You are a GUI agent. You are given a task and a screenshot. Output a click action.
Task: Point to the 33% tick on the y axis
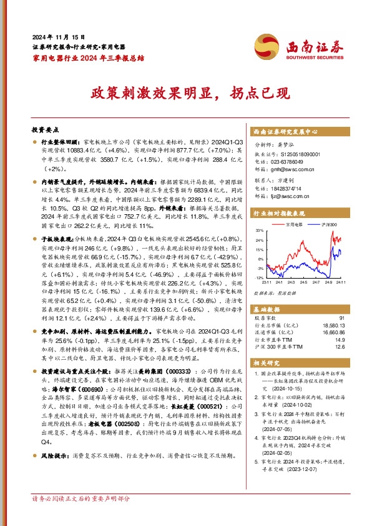(x=258, y=231)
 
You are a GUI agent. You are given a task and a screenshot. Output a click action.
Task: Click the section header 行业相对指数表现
(x=279, y=213)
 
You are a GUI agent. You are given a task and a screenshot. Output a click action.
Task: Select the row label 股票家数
(x=266, y=318)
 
